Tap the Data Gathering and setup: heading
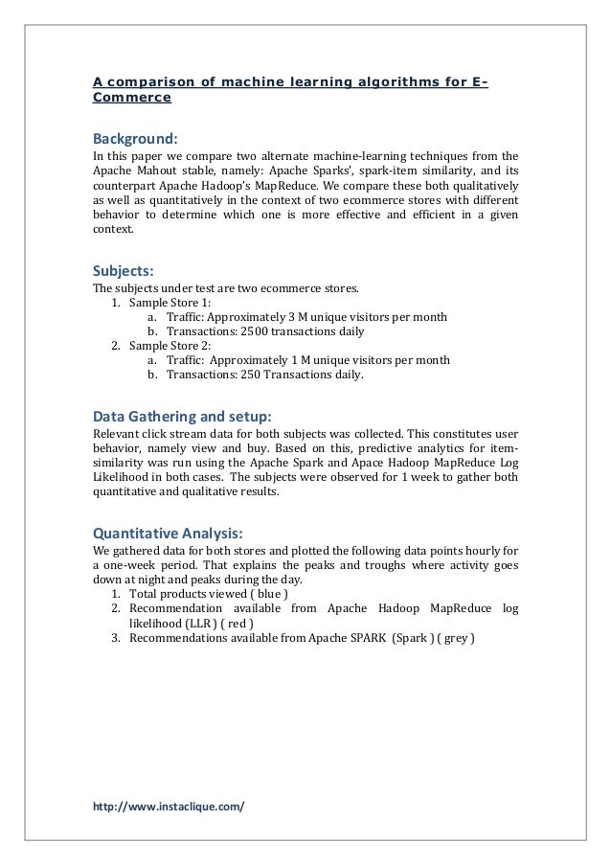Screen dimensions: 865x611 click(x=182, y=417)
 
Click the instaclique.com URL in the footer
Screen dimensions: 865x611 click(x=169, y=806)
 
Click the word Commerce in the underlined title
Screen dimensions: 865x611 click(x=132, y=98)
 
